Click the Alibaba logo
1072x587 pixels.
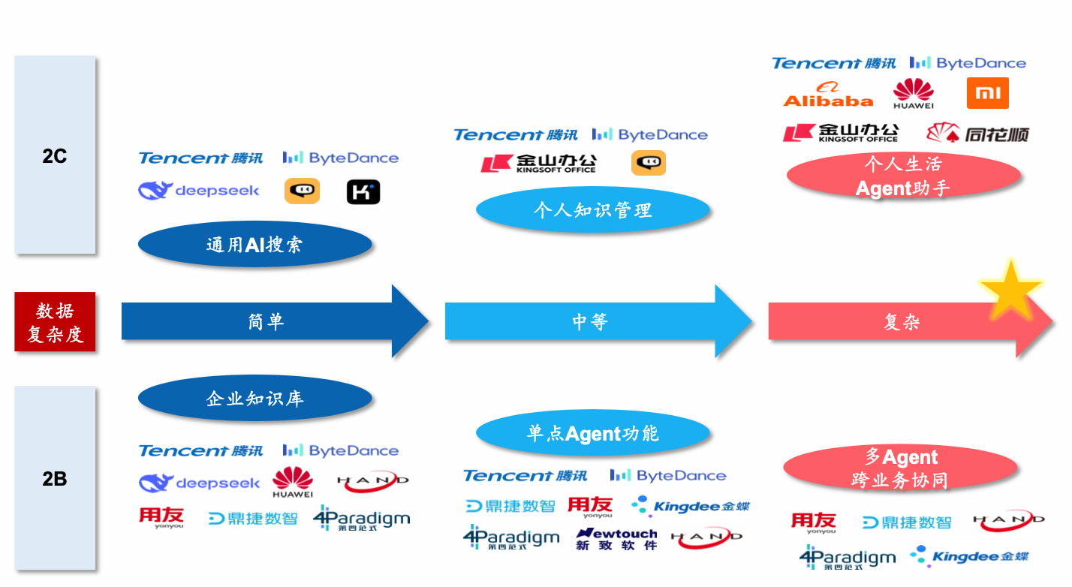pyautogui.click(x=828, y=95)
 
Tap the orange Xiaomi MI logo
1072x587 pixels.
pyautogui.click(x=987, y=93)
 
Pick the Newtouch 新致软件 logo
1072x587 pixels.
pyautogui.click(x=616, y=538)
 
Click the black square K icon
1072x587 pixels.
pyautogui.click(x=363, y=191)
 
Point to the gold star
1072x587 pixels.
pyautogui.click(x=1010, y=289)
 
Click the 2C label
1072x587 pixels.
pyautogui.click(x=55, y=156)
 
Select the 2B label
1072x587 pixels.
pyautogui.click(x=55, y=478)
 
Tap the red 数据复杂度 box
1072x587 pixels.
pyautogui.click(x=55, y=321)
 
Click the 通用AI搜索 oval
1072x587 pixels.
pyautogui.click(x=255, y=244)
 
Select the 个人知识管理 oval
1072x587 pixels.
pyautogui.click(x=592, y=209)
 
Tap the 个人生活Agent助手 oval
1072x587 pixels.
pyautogui.click(x=903, y=176)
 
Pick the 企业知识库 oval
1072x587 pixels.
pyautogui.click(x=255, y=398)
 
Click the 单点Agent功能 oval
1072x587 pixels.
pyautogui.click(x=592, y=433)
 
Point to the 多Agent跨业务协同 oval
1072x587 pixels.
pyautogui.click(x=900, y=468)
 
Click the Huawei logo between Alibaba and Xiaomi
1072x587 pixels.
pyautogui.click(x=914, y=94)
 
